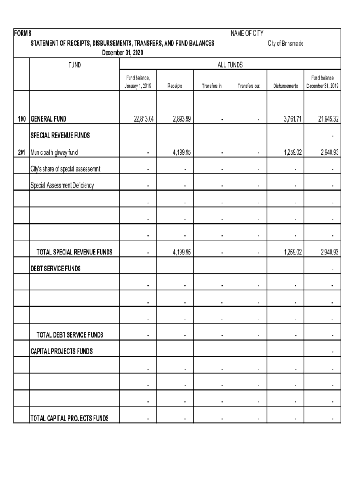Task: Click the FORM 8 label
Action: pos(22,34)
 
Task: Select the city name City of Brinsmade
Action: pos(285,43)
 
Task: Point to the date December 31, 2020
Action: pos(122,53)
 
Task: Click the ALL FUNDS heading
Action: pos(230,65)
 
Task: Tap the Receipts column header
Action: pos(175,86)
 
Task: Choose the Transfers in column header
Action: pos(212,86)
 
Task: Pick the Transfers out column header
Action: pos(249,86)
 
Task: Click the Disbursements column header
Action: pos(286,86)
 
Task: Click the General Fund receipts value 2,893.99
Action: pos(181,119)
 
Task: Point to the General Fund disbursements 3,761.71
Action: pos(293,119)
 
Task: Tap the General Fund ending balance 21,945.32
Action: pos(329,119)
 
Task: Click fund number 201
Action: pos(21,152)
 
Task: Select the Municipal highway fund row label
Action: pos(54,152)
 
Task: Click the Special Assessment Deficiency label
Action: pos(62,185)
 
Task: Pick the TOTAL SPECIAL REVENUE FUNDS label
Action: pos(74,252)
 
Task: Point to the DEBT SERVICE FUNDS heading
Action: pos(56,269)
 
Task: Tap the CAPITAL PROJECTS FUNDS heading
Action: pos(62,351)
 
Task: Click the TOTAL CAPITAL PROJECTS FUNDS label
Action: pos(70,418)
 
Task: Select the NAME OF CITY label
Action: pos(247,34)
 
